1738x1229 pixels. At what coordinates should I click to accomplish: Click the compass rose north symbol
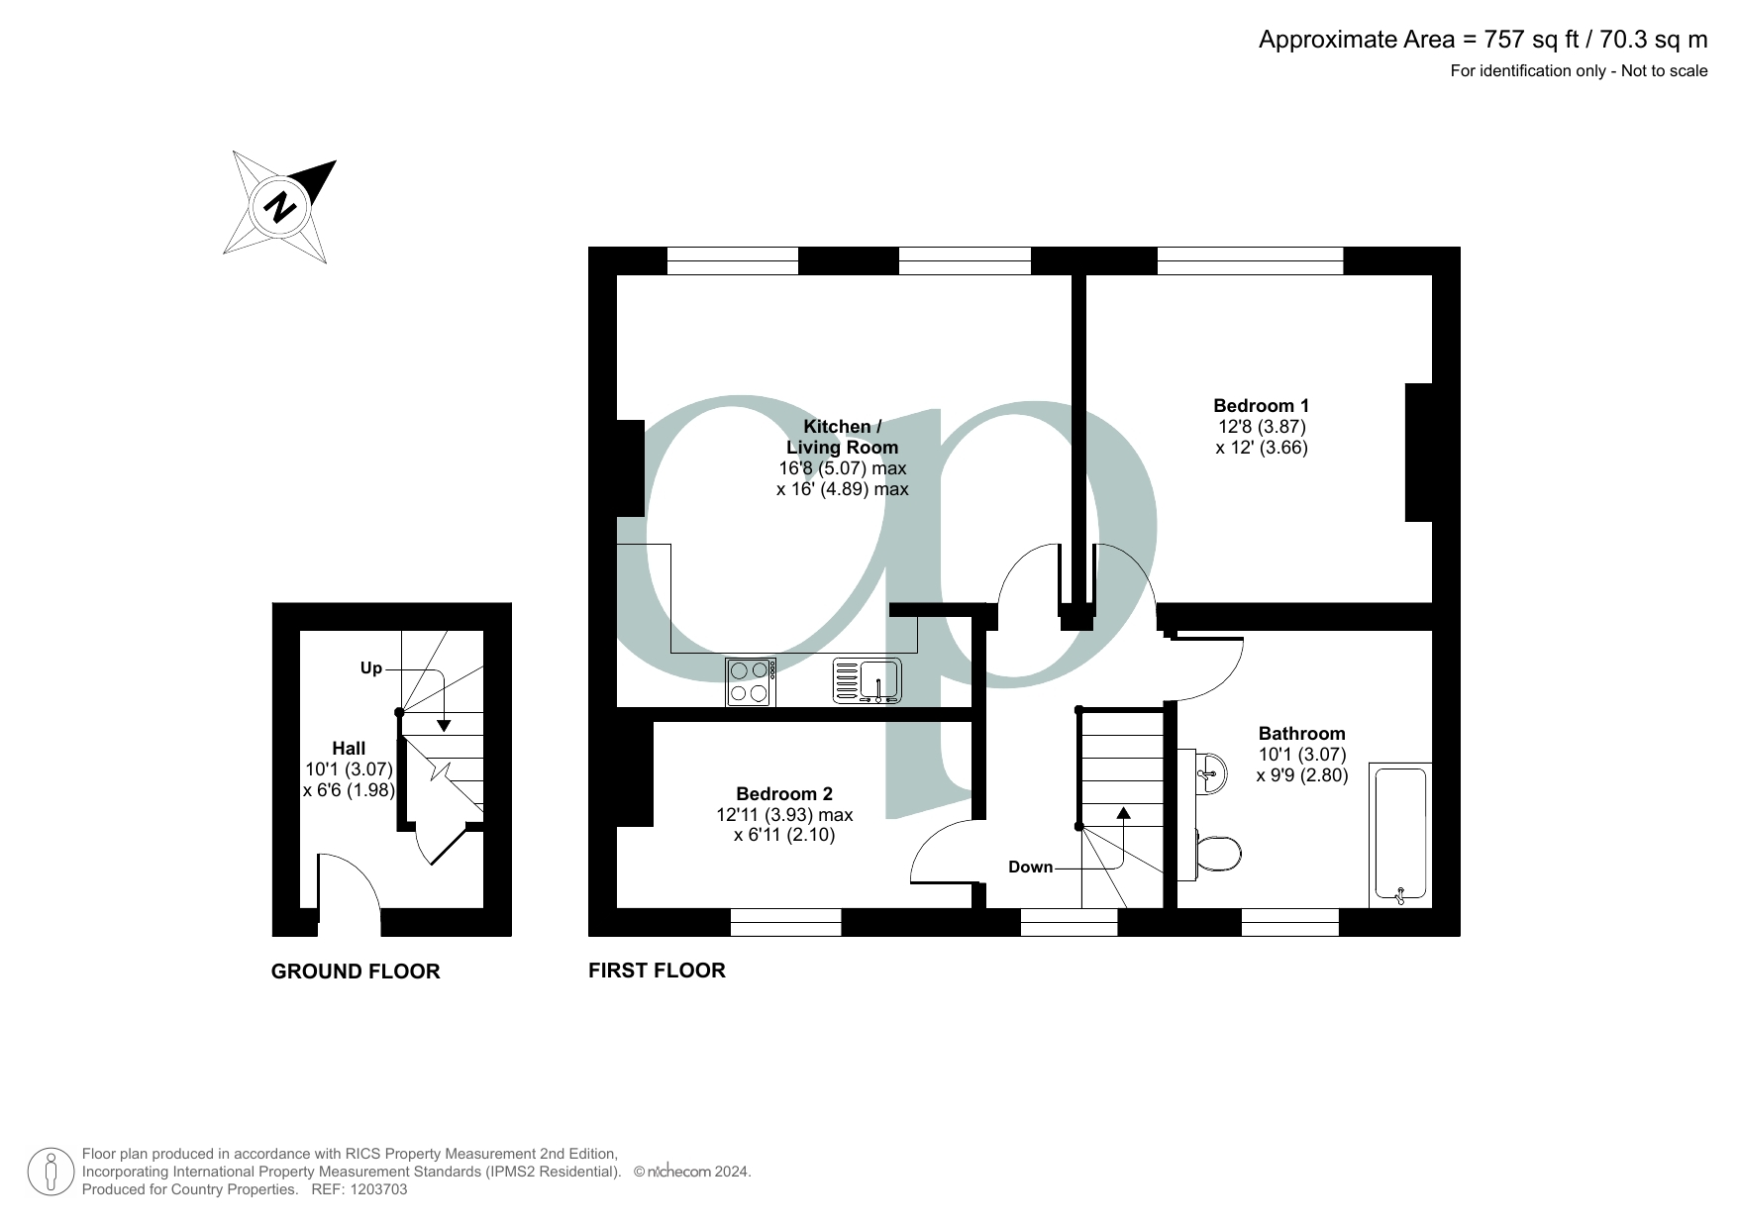pos(280,207)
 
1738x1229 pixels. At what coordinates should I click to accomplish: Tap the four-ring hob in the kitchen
pos(751,682)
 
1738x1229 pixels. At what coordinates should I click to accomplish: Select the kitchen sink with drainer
pos(867,681)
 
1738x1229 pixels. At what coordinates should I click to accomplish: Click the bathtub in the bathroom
pos(1400,835)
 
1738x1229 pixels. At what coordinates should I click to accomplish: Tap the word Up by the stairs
pos(370,668)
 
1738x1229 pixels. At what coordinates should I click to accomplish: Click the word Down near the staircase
pos(1030,867)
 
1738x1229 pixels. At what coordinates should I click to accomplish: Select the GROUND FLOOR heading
pos(356,972)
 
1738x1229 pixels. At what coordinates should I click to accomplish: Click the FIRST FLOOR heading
pos(657,971)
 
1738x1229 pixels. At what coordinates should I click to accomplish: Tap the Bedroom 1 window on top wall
pos(1250,260)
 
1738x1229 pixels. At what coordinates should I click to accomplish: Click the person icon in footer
pos(50,1172)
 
